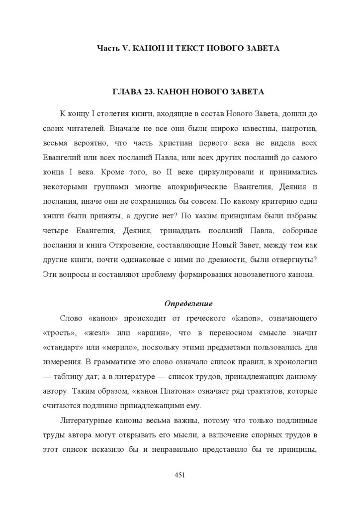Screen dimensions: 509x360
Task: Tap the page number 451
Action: (180, 475)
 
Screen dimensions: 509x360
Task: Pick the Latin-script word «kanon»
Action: (243, 318)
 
